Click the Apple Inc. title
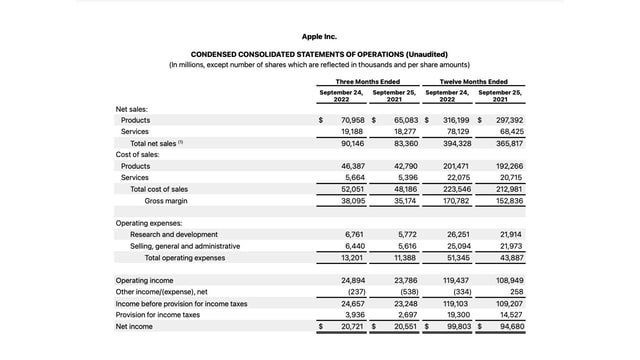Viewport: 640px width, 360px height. point(319,37)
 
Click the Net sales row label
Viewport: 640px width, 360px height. point(135,108)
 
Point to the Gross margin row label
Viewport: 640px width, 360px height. point(167,200)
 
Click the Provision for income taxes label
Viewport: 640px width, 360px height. point(157,314)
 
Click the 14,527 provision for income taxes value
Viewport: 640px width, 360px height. point(511,314)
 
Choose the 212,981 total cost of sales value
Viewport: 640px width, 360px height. point(509,189)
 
